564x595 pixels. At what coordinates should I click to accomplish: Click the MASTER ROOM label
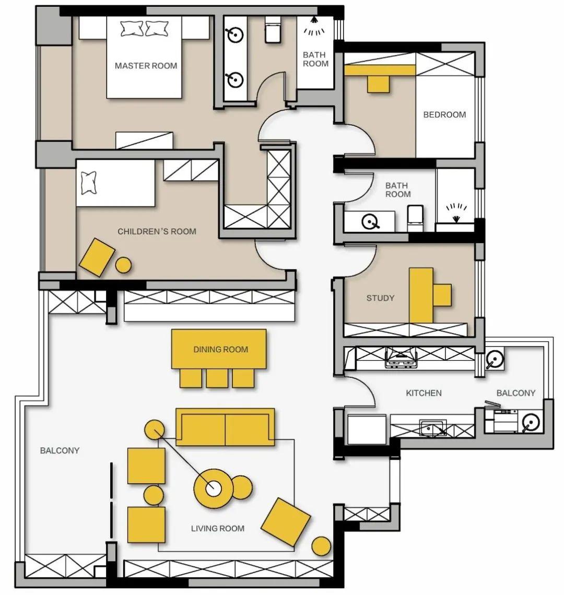(146, 66)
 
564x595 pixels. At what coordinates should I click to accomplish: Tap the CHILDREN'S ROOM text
(157, 231)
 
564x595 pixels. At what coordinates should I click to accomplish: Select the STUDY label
(380, 298)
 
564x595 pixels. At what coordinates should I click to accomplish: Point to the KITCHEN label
(424, 392)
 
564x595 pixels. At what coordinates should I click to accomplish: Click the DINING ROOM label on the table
(221, 350)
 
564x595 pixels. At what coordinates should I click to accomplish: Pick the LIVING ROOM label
(218, 528)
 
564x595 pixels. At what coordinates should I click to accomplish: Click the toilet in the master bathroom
(272, 30)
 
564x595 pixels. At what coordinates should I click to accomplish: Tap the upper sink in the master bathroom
(235, 35)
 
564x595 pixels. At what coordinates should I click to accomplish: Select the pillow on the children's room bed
(88, 183)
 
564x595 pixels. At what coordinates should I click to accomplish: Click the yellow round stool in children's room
(123, 265)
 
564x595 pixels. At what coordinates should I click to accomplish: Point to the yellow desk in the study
(421, 295)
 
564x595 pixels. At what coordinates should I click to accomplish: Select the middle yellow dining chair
(217, 378)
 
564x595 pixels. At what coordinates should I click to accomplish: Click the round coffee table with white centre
(214, 489)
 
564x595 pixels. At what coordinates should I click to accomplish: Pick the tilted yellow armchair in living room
(286, 522)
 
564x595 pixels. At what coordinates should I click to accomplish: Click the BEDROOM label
(444, 115)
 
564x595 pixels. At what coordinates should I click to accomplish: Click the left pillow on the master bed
(132, 29)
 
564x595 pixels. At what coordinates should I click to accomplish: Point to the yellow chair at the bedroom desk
(378, 84)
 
